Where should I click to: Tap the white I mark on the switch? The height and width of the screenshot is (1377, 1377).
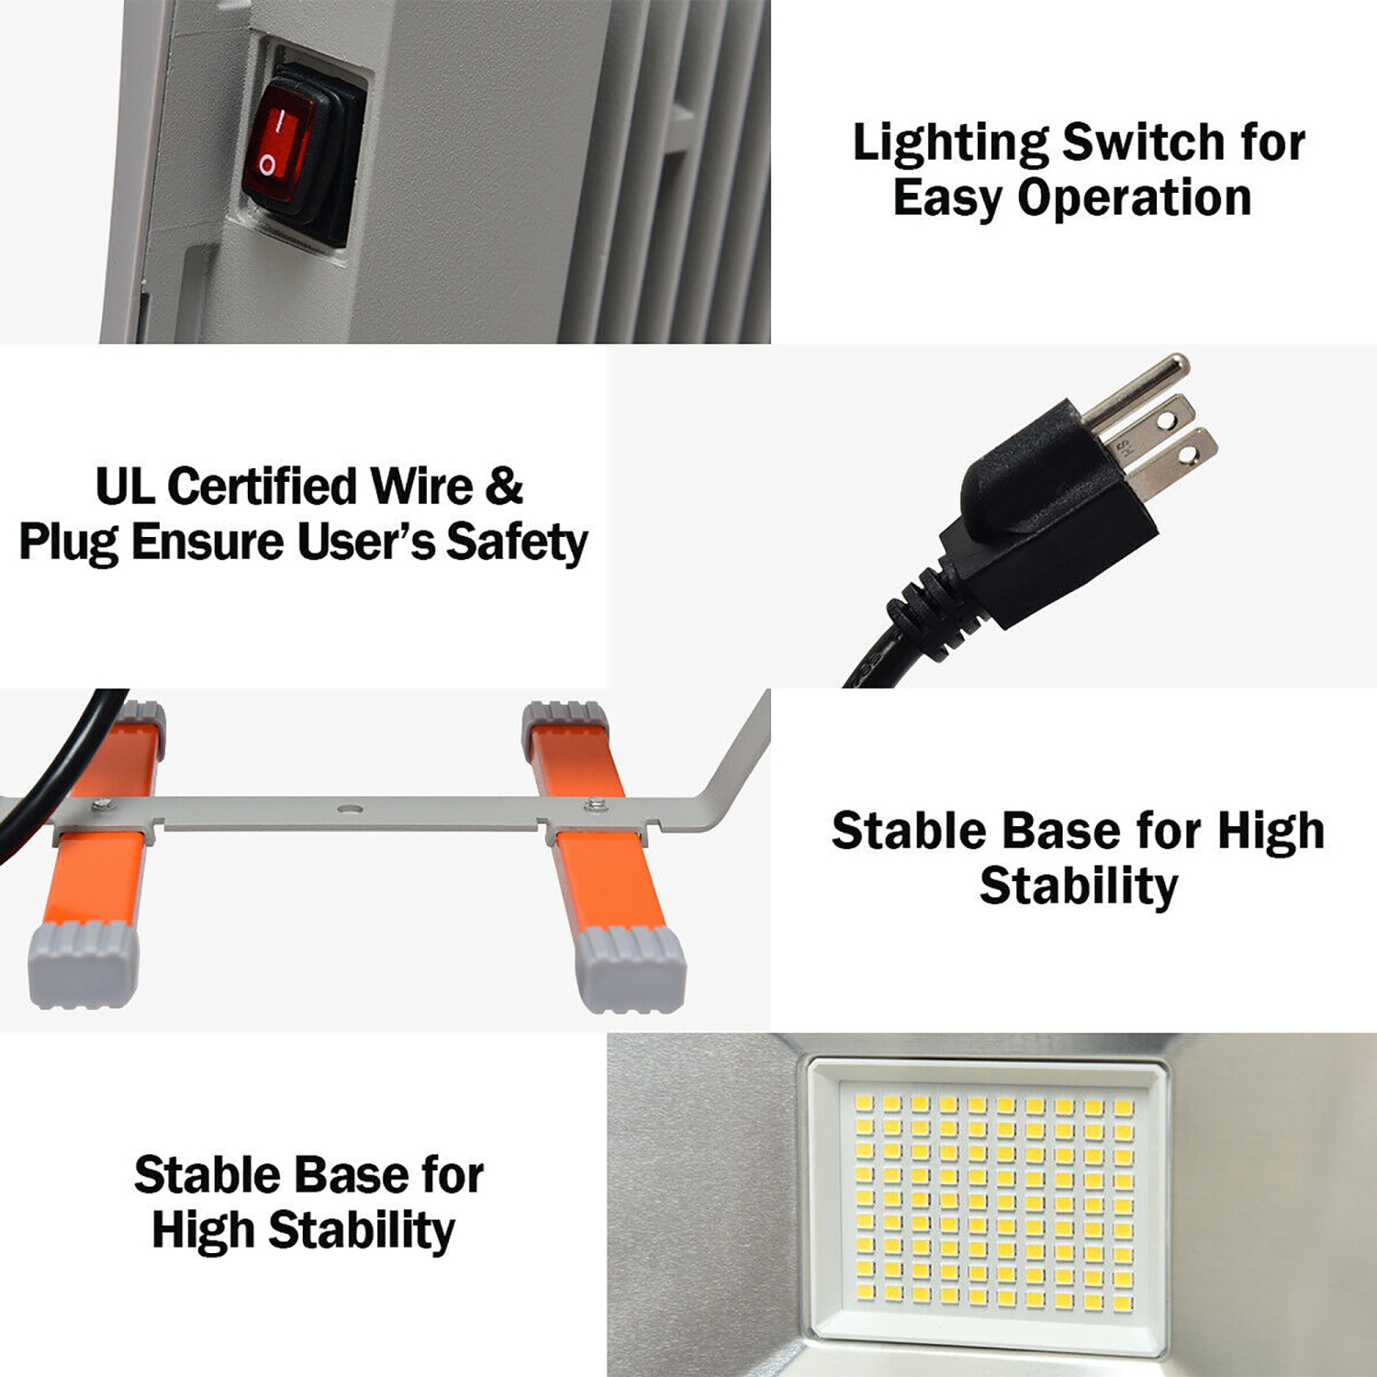click(x=284, y=118)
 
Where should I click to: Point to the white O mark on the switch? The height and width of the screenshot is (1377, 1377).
click(x=266, y=165)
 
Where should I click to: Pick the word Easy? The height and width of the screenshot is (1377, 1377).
click(x=947, y=199)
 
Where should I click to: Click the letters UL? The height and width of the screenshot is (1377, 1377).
click(x=125, y=487)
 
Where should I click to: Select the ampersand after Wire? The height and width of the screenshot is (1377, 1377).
click(x=504, y=487)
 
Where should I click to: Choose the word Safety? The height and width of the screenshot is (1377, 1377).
click(x=516, y=543)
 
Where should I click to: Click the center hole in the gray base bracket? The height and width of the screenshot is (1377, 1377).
click(x=350, y=809)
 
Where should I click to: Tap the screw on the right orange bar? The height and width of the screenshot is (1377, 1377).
click(x=595, y=804)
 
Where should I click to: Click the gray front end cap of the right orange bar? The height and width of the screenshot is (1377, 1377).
click(x=631, y=968)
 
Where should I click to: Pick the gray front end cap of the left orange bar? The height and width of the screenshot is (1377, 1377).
click(x=83, y=967)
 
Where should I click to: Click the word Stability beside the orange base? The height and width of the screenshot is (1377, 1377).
click(x=1079, y=887)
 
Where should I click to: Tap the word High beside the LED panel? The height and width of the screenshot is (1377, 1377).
click(x=204, y=1231)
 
